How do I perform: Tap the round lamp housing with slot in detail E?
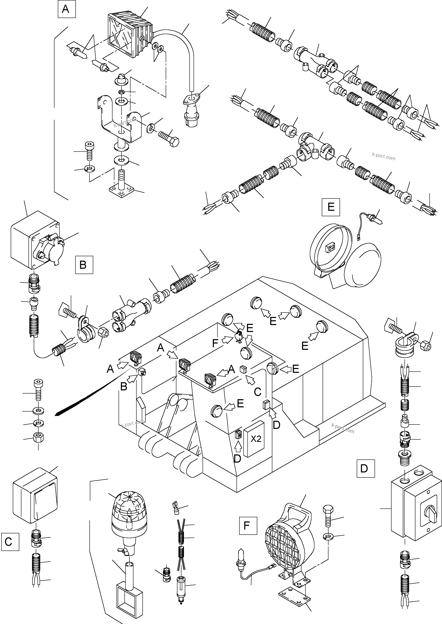(x=330, y=249)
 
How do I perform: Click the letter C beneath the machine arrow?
(x=257, y=392)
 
